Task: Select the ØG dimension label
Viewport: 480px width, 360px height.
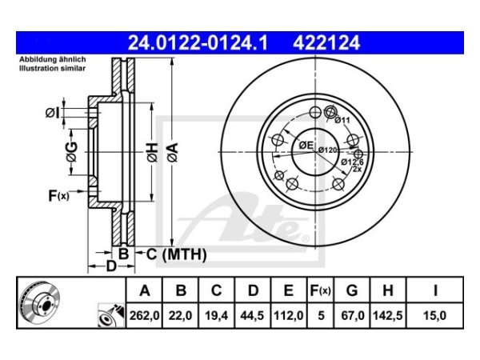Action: [72, 150]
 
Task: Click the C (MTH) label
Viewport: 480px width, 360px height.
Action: [175, 254]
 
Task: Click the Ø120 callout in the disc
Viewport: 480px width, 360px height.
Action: [329, 150]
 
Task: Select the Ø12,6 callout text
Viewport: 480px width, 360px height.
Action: [353, 162]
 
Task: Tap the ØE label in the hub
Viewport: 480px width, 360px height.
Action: [305, 145]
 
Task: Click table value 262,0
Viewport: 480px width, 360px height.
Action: [145, 316]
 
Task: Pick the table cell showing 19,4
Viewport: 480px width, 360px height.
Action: [217, 316]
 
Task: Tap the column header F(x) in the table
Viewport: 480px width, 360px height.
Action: [319, 290]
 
